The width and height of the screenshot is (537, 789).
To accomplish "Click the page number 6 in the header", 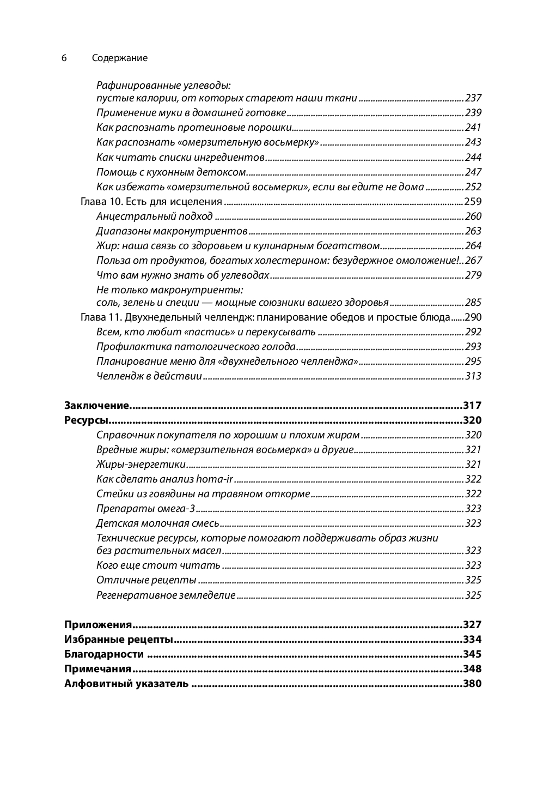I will tap(64, 58).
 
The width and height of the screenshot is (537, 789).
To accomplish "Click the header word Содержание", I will tap(120, 58).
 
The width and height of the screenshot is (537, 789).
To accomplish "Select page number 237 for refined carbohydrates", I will tap(473, 98).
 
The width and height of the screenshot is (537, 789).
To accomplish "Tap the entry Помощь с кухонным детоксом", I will tap(172, 172).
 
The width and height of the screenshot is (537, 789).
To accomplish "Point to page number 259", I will tap(472, 201).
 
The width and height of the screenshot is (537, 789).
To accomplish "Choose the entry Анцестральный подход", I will tap(154, 216).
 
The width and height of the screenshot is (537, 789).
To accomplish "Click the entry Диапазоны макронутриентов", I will tap(172, 231).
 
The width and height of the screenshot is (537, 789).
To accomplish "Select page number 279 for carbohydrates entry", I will tap(473, 275).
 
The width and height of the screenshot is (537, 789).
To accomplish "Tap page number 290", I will tap(472, 317).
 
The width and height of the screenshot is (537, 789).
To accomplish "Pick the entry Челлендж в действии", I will tap(149, 376).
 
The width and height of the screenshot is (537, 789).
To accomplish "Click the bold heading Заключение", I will tap(96, 405).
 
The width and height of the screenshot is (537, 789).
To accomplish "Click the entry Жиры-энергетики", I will tap(141, 464).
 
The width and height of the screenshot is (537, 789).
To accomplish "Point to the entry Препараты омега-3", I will tap(145, 508).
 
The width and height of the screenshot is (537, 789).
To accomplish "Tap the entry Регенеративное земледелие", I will tap(166, 595).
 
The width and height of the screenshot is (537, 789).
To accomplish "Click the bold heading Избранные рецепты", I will tap(118, 639).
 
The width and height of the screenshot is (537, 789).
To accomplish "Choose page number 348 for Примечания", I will tap(472, 668).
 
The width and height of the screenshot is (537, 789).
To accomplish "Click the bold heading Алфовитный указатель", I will tap(126, 683).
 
